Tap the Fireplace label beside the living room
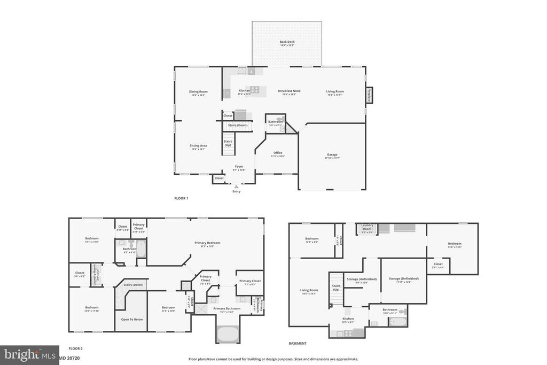coord(369,95)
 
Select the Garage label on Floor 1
coord(332,155)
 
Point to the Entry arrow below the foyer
coord(236,187)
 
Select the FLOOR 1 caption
coord(181,198)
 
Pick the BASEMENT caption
coord(298,344)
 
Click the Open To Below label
coord(131,319)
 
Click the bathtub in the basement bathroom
coord(397,322)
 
